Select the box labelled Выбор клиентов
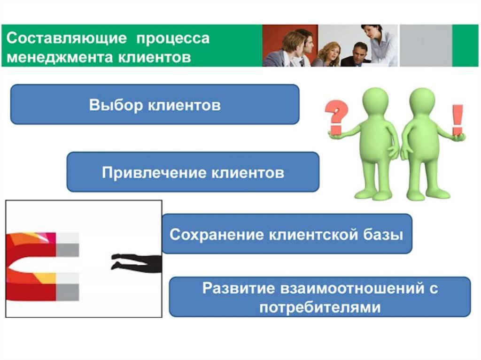(155, 104)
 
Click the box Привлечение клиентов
(193, 172)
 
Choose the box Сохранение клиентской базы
(287, 234)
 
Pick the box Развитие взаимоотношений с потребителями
(319, 297)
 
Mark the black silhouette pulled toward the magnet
(136, 262)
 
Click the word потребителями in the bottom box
(319, 307)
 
